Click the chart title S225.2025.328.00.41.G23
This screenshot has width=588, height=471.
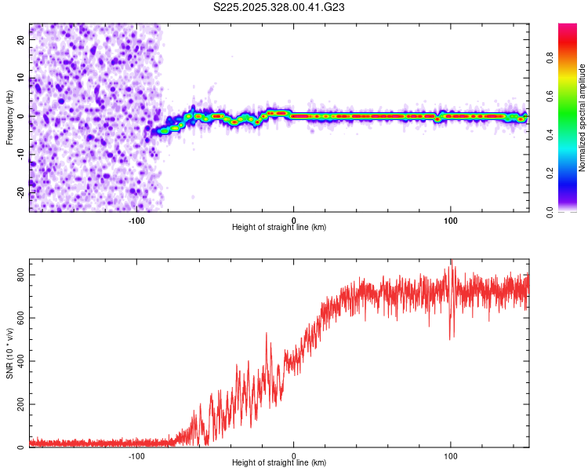click(x=280, y=8)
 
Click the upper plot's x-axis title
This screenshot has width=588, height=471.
click(x=279, y=227)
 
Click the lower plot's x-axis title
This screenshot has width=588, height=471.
click(x=279, y=462)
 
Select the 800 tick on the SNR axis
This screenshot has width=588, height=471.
click(x=17, y=275)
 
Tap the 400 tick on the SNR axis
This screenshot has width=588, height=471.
click(x=17, y=361)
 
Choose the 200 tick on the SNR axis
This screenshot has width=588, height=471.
click(x=17, y=404)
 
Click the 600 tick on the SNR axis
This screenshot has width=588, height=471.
click(x=17, y=318)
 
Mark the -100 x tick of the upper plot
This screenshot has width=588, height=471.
click(x=136, y=220)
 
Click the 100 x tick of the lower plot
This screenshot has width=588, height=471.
click(x=451, y=455)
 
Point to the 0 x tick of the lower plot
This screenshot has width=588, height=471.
click(x=294, y=455)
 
